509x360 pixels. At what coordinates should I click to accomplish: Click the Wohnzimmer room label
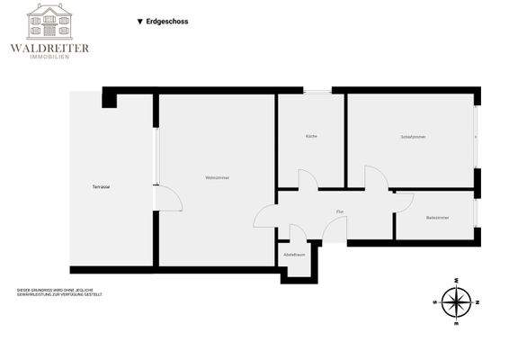tap(217, 178)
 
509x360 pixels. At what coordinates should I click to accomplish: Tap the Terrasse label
tap(101, 186)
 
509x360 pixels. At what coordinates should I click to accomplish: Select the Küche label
tap(311, 136)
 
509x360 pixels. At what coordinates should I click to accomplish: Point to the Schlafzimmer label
tap(413, 136)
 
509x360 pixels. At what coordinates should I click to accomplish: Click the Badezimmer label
tap(438, 218)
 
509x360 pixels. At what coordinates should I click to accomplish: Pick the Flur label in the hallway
tap(340, 211)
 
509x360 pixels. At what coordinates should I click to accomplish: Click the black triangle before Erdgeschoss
tap(139, 21)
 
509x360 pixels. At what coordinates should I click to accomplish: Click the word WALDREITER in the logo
tap(49, 48)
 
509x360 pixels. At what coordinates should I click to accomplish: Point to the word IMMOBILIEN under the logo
tap(49, 58)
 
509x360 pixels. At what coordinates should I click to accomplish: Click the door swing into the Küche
tap(308, 180)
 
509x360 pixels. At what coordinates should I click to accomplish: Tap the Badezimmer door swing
tap(404, 202)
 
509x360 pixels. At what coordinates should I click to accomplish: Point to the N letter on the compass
tap(478, 301)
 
